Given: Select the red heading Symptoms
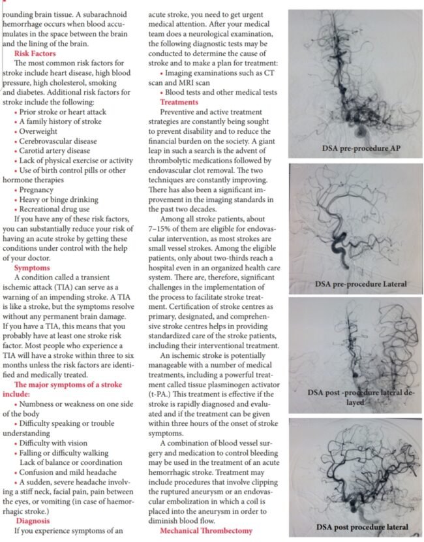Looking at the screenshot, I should click(x=33, y=268).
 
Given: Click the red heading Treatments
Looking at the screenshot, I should click(x=179, y=103).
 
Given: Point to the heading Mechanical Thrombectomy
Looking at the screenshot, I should click(x=205, y=531).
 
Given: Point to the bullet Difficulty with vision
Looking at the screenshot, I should click(x=59, y=443).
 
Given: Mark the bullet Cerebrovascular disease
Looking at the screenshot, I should click(x=63, y=140).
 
